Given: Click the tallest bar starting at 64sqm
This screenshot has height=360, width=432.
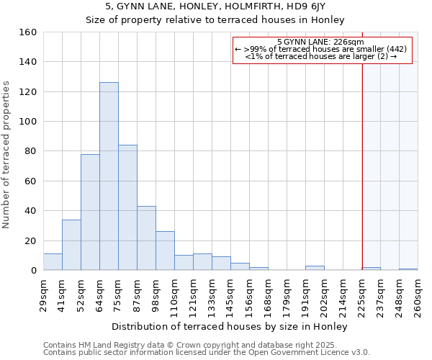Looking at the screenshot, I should click(x=109, y=176).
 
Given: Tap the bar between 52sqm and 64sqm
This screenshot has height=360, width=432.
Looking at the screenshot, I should click(x=90, y=212).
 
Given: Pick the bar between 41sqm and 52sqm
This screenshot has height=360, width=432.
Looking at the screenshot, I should click(x=71, y=245).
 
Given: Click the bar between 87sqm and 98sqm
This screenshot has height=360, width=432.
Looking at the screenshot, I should click(x=146, y=238).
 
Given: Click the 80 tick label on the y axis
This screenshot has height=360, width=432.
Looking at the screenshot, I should click(x=30, y=151).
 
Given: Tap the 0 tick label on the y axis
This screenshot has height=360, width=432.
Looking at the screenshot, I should click(x=33, y=271).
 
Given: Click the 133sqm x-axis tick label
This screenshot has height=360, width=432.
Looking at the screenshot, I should click(x=212, y=296).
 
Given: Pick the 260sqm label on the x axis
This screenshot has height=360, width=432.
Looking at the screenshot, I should click(x=418, y=296).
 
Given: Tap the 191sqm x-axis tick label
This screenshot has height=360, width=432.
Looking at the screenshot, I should click(x=306, y=296).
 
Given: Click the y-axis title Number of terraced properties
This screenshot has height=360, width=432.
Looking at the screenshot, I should click(x=7, y=155).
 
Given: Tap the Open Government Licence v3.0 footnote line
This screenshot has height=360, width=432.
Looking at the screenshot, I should click(x=207, y=353).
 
